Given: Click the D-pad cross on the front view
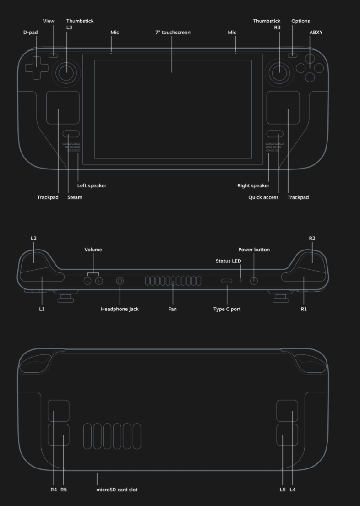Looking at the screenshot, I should pos(36,67).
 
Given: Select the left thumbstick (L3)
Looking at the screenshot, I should pos(67,71).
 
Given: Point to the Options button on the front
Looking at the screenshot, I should pos(293,56).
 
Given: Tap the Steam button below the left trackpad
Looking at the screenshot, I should pos(71,134).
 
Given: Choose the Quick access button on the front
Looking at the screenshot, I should pos(275,134).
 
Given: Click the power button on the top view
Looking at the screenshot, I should pos(254,281).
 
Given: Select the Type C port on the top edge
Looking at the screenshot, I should pos(227,281).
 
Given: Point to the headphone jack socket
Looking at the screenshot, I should pos(120,281).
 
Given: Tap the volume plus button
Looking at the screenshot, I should pos(99,281).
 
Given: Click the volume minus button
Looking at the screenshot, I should pos(87,281).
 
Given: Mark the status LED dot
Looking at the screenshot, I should pos(240,281).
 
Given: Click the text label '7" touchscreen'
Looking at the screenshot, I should pos(173,33).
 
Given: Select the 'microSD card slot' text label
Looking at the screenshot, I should pos(117,490).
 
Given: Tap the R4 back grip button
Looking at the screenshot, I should pos(59,411).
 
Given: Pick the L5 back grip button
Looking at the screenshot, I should pos(287,435).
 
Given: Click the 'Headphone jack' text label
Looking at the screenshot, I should pos(120,309).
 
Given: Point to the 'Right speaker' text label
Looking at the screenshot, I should pos(253,186).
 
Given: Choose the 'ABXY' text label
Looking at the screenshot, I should pos(316,33).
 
